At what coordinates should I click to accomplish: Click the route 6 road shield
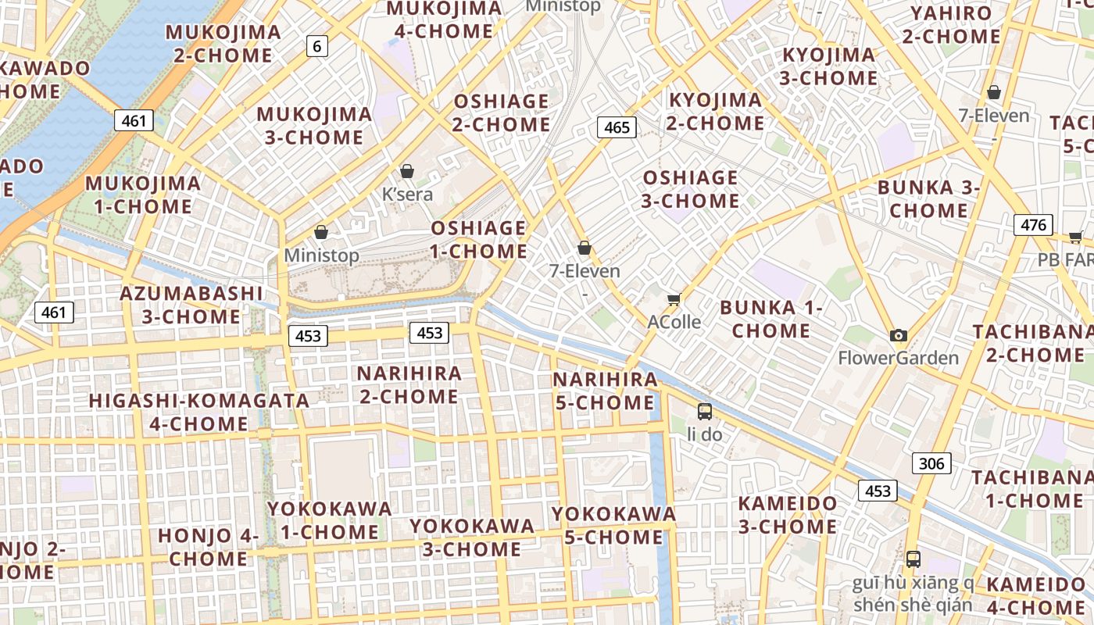316,46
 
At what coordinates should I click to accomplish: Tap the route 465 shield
617,127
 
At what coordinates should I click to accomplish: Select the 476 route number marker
1033,225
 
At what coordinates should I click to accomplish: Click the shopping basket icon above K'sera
407,171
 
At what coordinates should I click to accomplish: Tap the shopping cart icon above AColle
674,299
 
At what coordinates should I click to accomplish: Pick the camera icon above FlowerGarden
899,336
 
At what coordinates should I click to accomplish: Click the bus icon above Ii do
705,411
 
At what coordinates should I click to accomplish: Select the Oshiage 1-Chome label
479,240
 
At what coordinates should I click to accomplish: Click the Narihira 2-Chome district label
409,385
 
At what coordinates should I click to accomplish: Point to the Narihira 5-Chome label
605,391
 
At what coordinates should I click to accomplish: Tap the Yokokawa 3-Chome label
472,537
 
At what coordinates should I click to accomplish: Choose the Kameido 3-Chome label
788,515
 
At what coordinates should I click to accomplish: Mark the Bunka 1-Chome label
771,319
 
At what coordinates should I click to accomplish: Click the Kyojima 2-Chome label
715,112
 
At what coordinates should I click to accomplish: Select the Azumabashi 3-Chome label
191,305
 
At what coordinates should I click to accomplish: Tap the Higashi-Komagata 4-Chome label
199,412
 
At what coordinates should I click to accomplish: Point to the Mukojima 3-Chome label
314,126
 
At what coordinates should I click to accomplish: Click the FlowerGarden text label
898,359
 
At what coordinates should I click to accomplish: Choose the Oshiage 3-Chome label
690,189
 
